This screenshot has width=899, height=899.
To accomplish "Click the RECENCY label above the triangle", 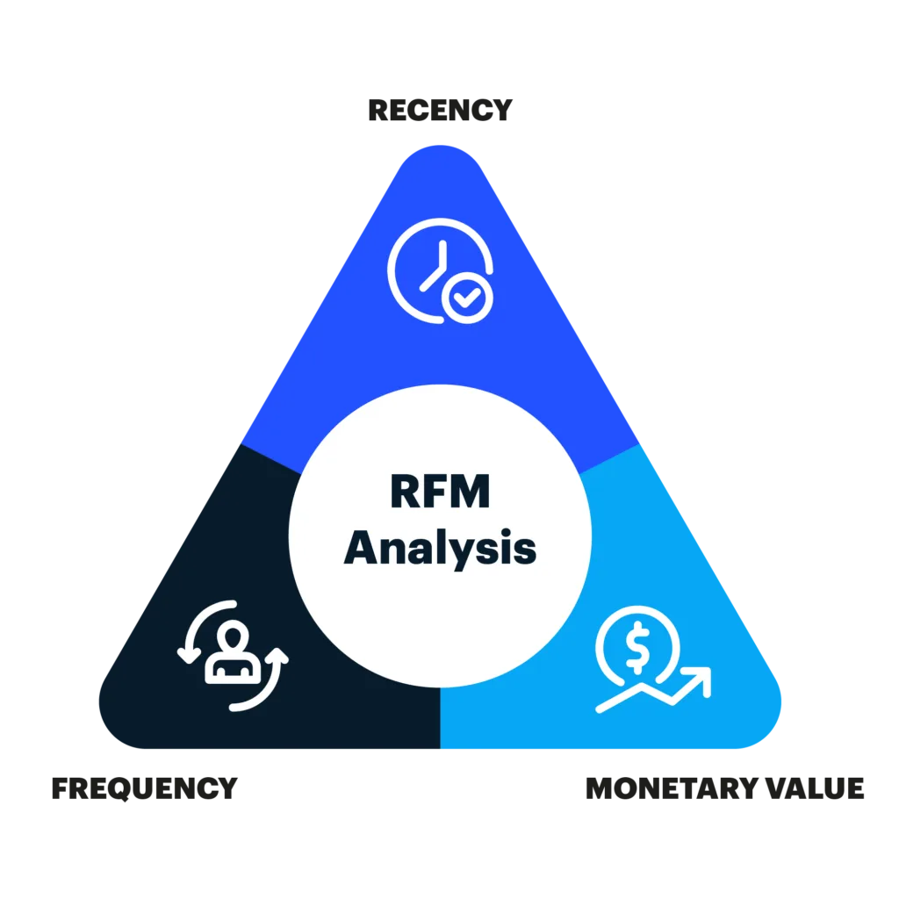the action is [x=440, y=110].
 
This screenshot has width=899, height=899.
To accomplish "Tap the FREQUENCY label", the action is [x=145, y=788].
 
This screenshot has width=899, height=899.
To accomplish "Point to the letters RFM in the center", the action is [x=440, y=492].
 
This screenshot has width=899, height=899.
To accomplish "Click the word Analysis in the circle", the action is [x=440, y=548].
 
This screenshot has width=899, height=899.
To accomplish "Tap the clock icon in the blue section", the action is [x=440, y=270].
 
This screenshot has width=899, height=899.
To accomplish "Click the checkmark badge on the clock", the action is [x=467, y=298].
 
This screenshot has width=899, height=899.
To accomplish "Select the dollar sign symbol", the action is [x=637, y=647].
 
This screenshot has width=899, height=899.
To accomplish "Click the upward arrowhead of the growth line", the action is [x=701, y=679].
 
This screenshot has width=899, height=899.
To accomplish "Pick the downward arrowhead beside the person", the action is [x=189, y=655].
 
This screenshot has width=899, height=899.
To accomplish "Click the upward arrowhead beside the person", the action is [x=277, y=656].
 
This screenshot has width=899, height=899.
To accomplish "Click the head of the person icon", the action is [x=233, y=636].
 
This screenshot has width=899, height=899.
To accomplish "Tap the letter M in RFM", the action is [x=469, y=492].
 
